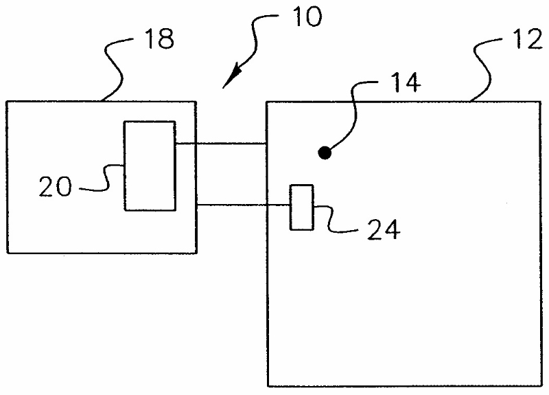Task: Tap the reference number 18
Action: click(159, 40)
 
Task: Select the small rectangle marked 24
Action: click(301, 207)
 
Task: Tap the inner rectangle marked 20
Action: click(150, 166)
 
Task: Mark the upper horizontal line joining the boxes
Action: click(220, 144)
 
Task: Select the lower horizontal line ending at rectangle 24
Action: click(243, 204)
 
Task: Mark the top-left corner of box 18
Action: click(6, 102)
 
